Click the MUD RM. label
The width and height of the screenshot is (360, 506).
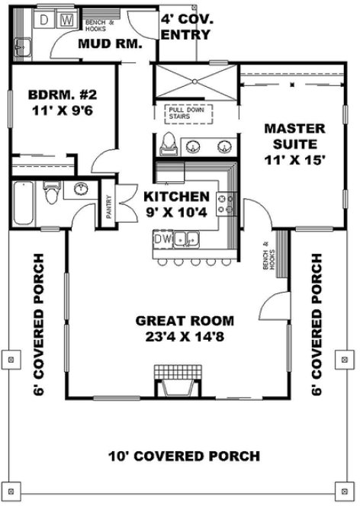(x=111, y=44)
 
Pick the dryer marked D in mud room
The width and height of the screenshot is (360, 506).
(x=44, y=17)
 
